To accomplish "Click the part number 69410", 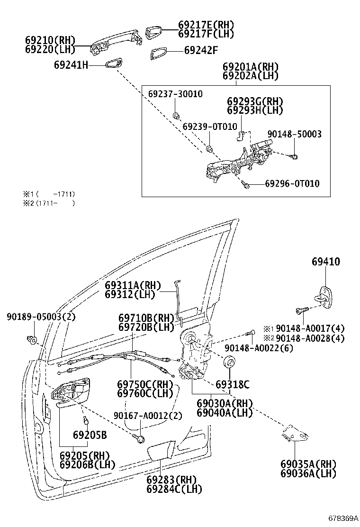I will click(x=325, y=262).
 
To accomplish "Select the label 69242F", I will click(x=200, y=49).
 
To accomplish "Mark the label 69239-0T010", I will click(x=209, y=127).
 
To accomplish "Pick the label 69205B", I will click(x=90, y=435).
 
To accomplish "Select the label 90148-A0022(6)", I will click(x=259, y=348).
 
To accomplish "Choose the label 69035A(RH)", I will click(x=307, y=464).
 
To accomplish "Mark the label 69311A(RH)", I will click(x=133, y=286).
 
